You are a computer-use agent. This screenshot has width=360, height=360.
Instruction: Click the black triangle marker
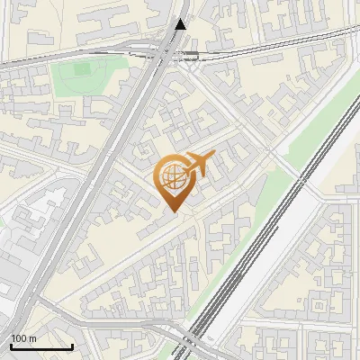pos(182,25)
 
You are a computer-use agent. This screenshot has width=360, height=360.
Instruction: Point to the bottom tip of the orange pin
pos(173,211)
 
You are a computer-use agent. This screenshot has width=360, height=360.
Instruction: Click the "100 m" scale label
pos(23,338)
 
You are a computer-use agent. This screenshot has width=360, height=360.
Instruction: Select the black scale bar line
pos(41,346)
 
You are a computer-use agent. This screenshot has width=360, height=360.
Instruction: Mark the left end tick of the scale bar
pos(11,345)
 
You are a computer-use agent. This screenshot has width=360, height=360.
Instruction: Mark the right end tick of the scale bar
pos(72,345)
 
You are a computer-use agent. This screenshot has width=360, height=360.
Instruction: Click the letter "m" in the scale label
pos(31,338)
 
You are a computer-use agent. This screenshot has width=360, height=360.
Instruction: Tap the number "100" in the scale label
pos(19,338)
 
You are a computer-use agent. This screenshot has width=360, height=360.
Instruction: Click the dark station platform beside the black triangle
pos(191,55)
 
